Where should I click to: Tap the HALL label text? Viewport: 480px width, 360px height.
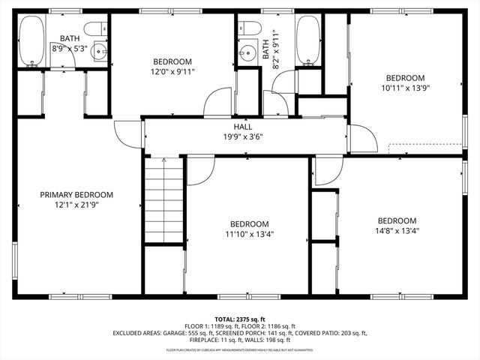[x=242, y=127]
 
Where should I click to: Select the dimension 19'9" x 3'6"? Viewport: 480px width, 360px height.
[x=242, y=136]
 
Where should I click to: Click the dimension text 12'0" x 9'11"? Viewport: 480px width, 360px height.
[x=172, y=72]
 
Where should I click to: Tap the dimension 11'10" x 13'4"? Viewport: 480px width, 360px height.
[x=249, y=234]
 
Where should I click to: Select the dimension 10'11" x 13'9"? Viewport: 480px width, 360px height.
[x=405, y=88]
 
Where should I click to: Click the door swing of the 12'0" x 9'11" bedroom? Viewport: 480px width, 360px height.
[x=218, y=102]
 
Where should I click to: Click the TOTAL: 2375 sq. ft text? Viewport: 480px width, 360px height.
[x=239, y=319]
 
